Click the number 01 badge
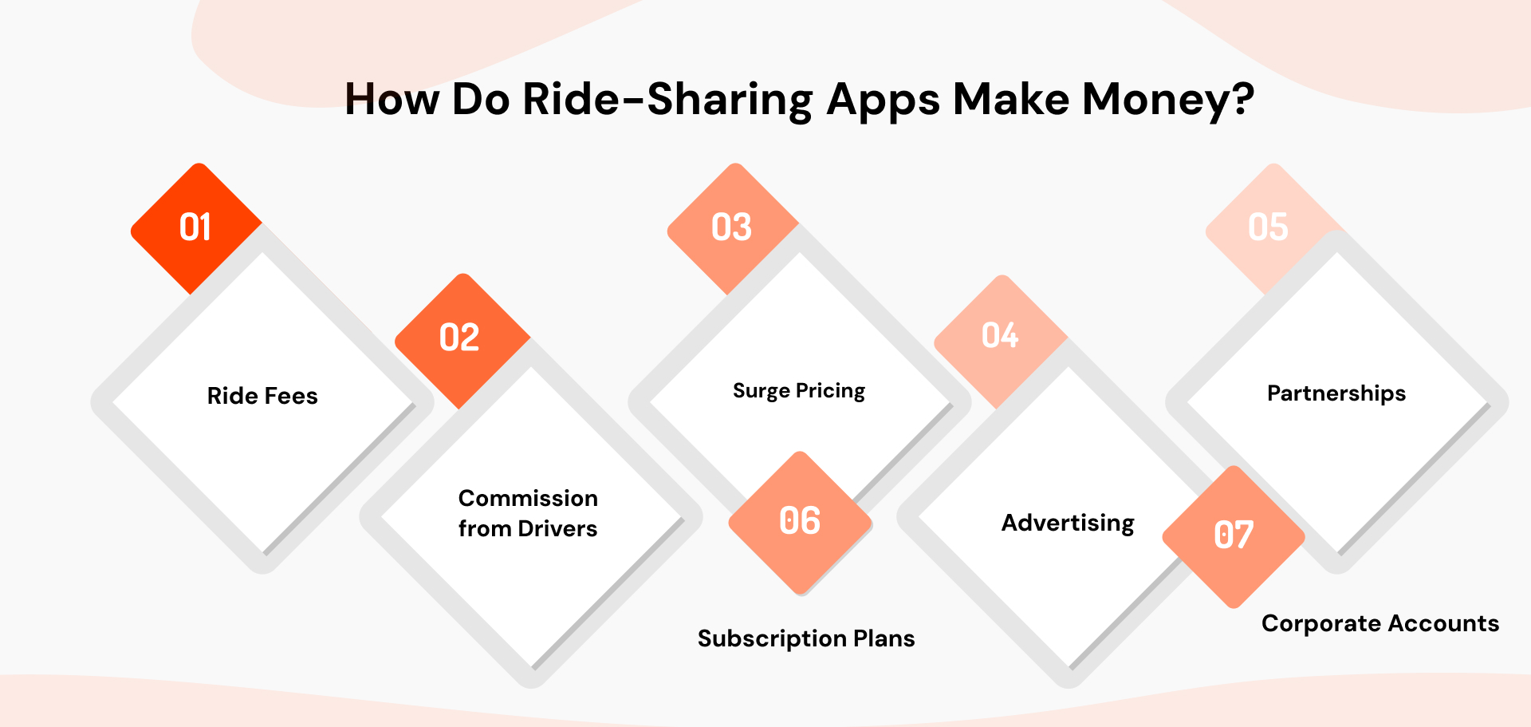click(195, 228)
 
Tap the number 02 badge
click(460, 338)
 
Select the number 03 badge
click(732, 228)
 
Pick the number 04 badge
click(1000, 336)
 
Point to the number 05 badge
click(1268, 227)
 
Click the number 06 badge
click(800, 522)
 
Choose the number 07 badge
click(1234, 535)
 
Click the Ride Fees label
click(262, 396)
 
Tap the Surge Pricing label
click(799, 391)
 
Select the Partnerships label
click(1336, 393)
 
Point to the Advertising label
click(1068, 524)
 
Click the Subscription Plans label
click(806, 638)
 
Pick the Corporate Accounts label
click(1380, 623)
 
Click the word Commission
click(528, 499)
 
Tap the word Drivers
click(557, 529)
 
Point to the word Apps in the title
click(884, 101)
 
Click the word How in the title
click(392, 100)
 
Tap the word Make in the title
click(1010, 100)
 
